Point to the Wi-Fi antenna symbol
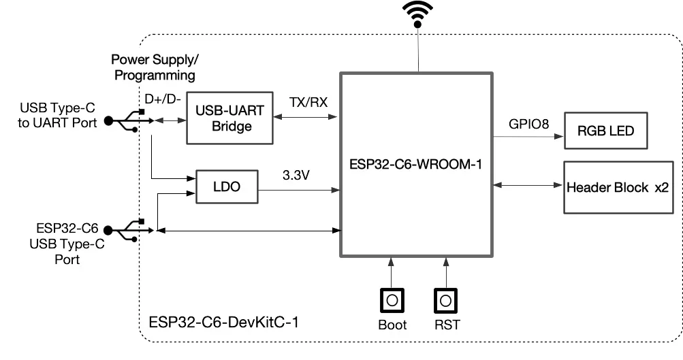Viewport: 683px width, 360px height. (x=417, y=14)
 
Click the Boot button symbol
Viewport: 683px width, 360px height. (x=392, y=300)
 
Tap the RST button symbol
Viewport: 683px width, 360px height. (x=445, y=300)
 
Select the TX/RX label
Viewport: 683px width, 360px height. (x=308, y=102)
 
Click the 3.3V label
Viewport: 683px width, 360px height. (x=296, y=175)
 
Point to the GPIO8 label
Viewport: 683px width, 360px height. (x=529, y=124)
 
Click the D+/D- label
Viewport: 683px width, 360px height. (x=163, y=99)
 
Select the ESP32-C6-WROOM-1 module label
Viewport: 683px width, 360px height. (x=415, y=164)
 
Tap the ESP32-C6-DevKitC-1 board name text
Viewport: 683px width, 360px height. (x=224, y=322)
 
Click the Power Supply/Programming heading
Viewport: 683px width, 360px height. (x=155, y=67)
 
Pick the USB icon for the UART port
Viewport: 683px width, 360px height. (x=129, y=120)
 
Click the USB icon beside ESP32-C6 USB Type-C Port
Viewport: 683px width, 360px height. (x=129, y=230)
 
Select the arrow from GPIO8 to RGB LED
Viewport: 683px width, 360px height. (x=528, y=137)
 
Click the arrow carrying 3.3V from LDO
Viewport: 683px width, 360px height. (x=299, y=190)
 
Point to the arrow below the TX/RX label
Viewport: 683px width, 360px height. (x=305, y=116)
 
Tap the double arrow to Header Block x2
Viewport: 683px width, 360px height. (x=528, y=185)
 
